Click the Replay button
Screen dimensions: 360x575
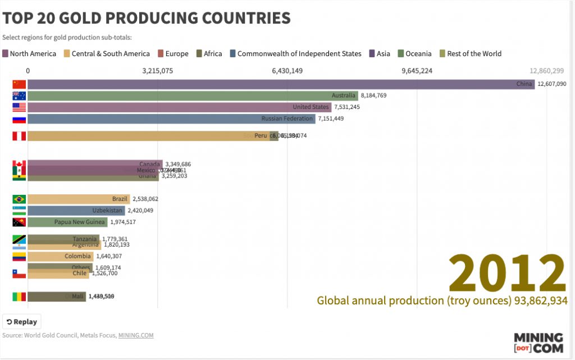pyautogui.click(x=22, y=322)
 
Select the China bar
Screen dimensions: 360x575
pyautogui.click(x=281, y=84)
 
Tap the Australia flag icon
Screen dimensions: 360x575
pyautogui.click(x=19, y=95)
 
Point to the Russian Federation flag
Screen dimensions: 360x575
pyautogui.click(x=19, y=119)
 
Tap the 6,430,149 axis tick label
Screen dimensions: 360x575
pyautogui.click(x=287, y=71)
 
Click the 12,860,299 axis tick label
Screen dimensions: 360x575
pyautogui.click(x=546, y=71)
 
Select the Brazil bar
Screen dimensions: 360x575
pyautogui.click(x=79, y=199)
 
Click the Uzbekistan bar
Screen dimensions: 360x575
pyautogui.click(x=76, y=211)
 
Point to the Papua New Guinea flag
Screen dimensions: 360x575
pyautogui.click(x=19, y=222)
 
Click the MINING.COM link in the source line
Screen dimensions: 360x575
pyautogui.click(x=135, y=335)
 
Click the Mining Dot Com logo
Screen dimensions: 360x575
pyautogui.click(x=538, y=342)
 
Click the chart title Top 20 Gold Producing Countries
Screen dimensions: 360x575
pyautogui.click(x=147, y=18)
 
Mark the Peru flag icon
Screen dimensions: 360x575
pyautogui.click(x=19, y=136)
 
